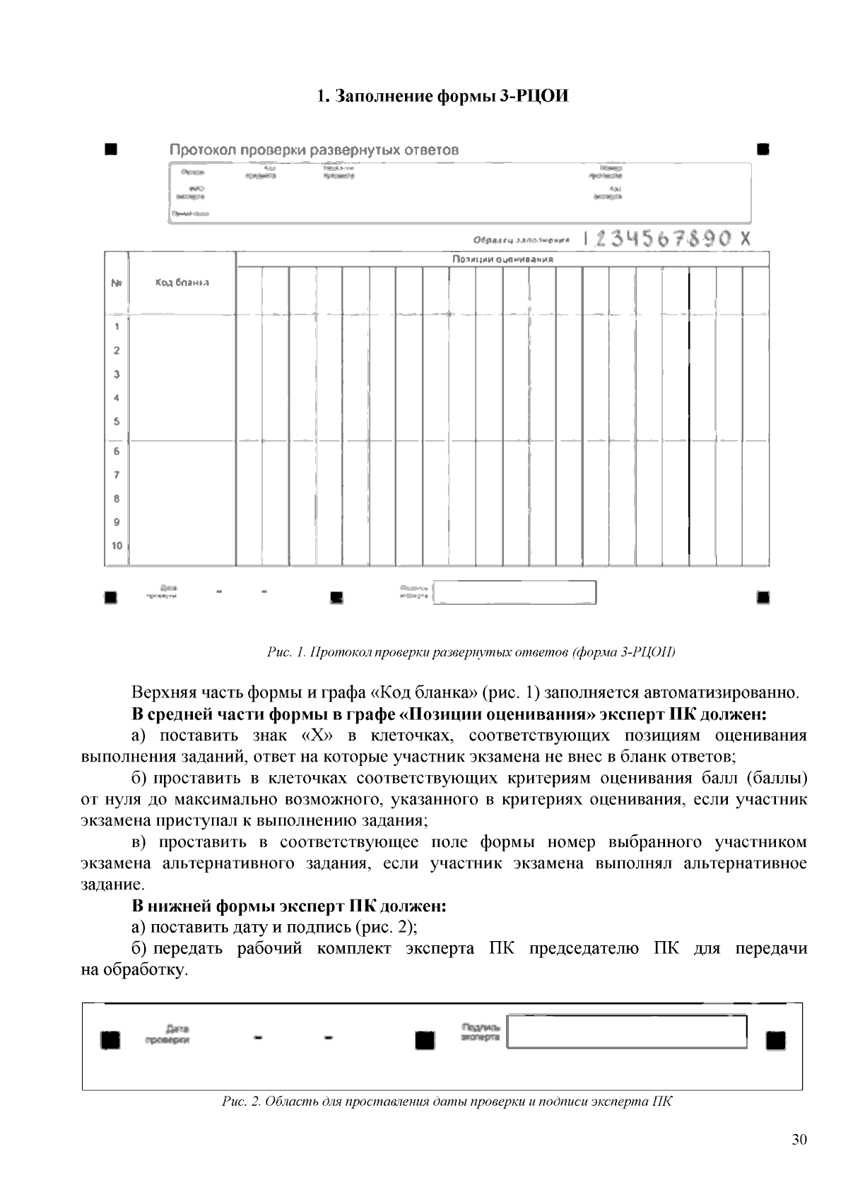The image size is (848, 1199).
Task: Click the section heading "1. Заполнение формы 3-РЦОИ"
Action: coord(442,96)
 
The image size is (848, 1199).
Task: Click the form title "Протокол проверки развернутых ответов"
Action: coord(314,150)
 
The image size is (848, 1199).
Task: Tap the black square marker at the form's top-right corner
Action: coord(762,149)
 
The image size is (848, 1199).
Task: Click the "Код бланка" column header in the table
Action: coord(182,283)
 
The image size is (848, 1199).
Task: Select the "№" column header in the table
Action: coord(117,283)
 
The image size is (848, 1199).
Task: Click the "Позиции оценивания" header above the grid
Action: coord(502,259)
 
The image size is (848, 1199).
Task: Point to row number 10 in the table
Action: coord(117,545)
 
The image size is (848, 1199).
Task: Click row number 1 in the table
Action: coord(117,326)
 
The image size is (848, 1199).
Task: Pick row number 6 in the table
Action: coord(117,451)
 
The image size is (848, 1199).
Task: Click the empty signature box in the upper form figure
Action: coord(514,592)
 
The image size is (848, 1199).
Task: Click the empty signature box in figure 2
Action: coord(627,1032)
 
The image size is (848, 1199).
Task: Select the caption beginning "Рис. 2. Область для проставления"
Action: coord(447,1101)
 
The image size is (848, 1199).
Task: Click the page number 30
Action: coord(799,1139)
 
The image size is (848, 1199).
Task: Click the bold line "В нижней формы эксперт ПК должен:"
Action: coord(289,906)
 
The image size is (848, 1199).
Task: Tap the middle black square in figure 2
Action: coord(425,1041)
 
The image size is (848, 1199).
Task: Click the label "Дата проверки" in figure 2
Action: coord(168,1034)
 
